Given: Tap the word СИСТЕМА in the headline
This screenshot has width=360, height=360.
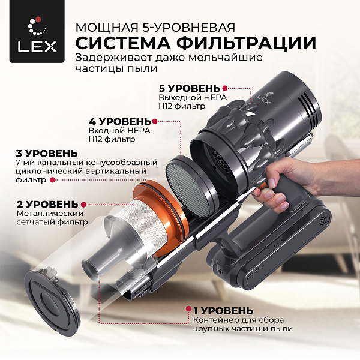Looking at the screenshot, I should click(x=125, y=44).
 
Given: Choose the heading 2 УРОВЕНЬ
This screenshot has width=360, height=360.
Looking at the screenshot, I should click(x=40, y=204).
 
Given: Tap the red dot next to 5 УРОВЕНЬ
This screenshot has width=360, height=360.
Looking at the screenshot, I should click(x=225, y=88).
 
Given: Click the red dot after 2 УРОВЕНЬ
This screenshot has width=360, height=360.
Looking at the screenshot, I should click(x=84, y=204).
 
